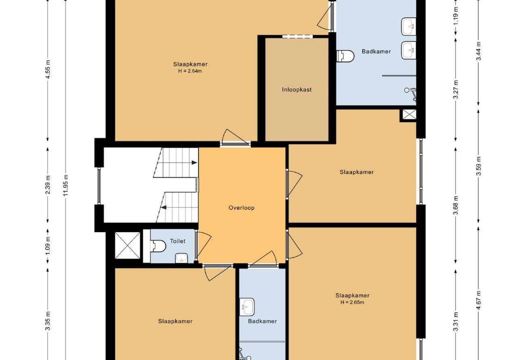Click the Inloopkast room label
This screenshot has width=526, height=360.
297,90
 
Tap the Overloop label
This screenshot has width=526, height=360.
242,208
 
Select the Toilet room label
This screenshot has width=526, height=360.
178,241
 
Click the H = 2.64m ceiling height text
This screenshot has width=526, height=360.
190,71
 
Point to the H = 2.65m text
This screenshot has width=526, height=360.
352,302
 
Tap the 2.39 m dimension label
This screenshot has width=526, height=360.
48,185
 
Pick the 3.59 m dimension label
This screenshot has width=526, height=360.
479,166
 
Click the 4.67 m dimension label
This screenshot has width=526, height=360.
479,300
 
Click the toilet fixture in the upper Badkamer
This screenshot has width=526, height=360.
345,56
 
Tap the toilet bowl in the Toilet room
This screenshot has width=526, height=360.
158,246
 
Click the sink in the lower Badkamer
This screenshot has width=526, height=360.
247,307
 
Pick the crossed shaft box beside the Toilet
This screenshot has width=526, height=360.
127,246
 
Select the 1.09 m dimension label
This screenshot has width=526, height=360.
48,246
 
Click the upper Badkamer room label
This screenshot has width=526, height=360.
376,51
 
